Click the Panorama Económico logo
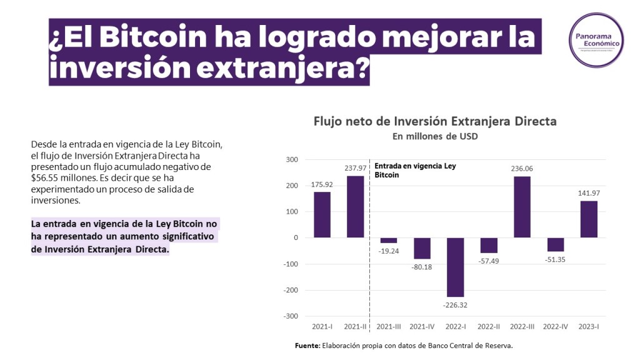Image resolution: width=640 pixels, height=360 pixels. pyautogui.click(x=596, y=40)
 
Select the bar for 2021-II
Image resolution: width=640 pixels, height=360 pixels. pyautogui.click(x=356, y=206)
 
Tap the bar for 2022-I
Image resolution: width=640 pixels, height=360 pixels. pyautogui.click(x=456, y=267)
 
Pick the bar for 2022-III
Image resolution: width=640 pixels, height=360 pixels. pyautogui.click(x=522, y=207)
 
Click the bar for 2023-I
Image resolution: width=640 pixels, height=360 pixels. pyautogui.click(x=589, y=219)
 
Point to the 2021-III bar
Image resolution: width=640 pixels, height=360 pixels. pyautogui.click(x=389, y=240)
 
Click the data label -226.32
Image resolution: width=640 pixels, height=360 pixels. pyautogui.click(x=456, y=305)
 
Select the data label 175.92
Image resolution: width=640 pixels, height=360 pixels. pyautogui.click(x=322, y=184)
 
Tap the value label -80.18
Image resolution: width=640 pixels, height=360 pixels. pyautogui.click(x=422, y=267)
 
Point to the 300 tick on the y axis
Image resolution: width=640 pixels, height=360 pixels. pyautogui.click(x=291, y=159)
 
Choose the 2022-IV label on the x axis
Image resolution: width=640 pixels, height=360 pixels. pyautogui.click(x=555, y=326)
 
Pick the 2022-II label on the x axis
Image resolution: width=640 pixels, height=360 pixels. pyautogui.click(x=489, y=326)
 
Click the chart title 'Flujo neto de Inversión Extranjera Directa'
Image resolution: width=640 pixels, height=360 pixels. pyautogui.click(x=435, y=121)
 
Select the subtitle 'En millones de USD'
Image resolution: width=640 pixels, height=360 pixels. pyautogui.click(x=435, y=136)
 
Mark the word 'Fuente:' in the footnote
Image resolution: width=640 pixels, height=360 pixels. pyautogui.click(x=307, y=346)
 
